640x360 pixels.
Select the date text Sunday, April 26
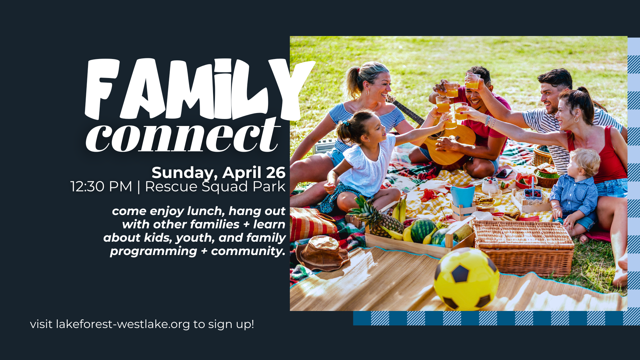pos(219,173)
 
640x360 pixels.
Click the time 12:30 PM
pos(101,187)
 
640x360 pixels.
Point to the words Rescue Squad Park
pos(215,187)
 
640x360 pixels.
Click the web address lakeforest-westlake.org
pos(123,324)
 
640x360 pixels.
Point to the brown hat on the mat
pos(322,252)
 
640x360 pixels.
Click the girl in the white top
pos(363,163)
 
